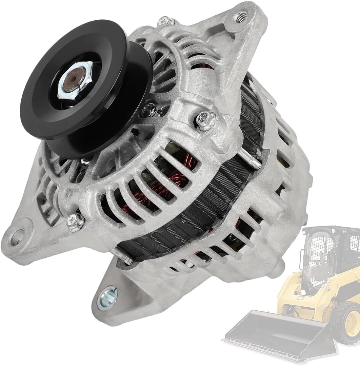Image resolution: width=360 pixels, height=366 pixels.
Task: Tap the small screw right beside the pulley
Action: click(149, 109)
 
